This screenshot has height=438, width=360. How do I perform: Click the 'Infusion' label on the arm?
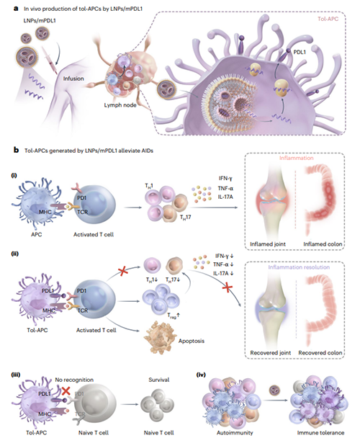[x=73, y=79]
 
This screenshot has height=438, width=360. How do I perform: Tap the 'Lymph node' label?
[x=120, y=105]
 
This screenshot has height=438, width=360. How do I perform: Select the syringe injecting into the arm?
[x=49, y=59]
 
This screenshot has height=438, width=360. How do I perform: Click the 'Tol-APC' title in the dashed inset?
[x=328, y=19]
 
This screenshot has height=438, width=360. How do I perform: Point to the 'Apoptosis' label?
[x=192, y=341]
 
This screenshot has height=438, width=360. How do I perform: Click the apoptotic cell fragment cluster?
[x=159, y=337]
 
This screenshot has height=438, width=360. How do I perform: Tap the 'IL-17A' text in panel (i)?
[x=225, y=197]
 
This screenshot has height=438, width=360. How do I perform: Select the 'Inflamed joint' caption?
[x=268, y=244]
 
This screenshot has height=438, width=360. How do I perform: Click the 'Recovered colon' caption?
[x=320, y=353]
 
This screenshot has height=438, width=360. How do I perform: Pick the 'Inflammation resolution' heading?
[x=299, y=267]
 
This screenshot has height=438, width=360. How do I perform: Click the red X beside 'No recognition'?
[x=66, y=390]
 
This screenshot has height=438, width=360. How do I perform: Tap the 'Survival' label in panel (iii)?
[x=159, y=380]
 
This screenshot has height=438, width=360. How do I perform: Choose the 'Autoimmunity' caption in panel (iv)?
[x=235, y=432]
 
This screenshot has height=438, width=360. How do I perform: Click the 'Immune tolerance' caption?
[x=320, y=432]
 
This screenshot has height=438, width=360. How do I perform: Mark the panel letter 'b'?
[x=16, y=151]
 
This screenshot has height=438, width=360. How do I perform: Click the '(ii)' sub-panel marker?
[x=14, y=254]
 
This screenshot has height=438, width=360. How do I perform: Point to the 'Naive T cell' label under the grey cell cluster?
[x=158, y=432]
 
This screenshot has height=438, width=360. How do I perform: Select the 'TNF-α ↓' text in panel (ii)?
[x=223, y=264]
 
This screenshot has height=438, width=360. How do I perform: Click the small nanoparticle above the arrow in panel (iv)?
[x=274, y=390]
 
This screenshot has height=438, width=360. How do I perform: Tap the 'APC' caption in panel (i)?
[x=37, y=234]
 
